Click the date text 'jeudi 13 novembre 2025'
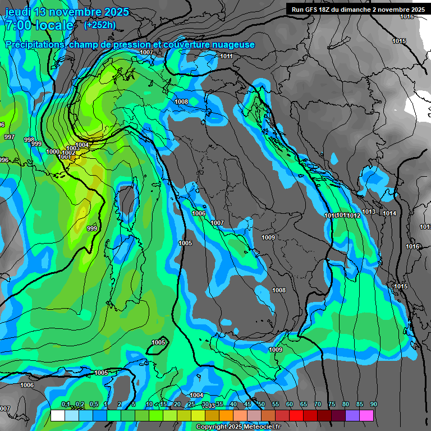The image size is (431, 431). (x=67, y=12)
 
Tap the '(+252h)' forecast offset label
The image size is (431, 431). (x=100, y=25)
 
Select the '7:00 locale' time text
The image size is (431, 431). (x=39, y=25)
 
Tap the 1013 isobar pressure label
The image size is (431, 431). (x=369, y=212)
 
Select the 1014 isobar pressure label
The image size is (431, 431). (x=389, y=213)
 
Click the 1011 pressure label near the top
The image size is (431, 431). (x=226, y=56)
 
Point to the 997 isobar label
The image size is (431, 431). (x=10, y=137)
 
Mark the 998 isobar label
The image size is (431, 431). (x=29, y=140)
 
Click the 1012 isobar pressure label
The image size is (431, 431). (x=354, y=215)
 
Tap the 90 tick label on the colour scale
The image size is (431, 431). (x=374, y=405)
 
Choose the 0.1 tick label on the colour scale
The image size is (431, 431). (x=65, y=405)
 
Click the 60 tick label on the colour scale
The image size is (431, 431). (x=290, y=405)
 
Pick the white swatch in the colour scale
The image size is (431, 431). (x=57, y=415)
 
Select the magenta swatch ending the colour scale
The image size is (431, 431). (x=366, y=415)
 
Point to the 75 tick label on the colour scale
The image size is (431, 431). (x=332, y=405)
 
